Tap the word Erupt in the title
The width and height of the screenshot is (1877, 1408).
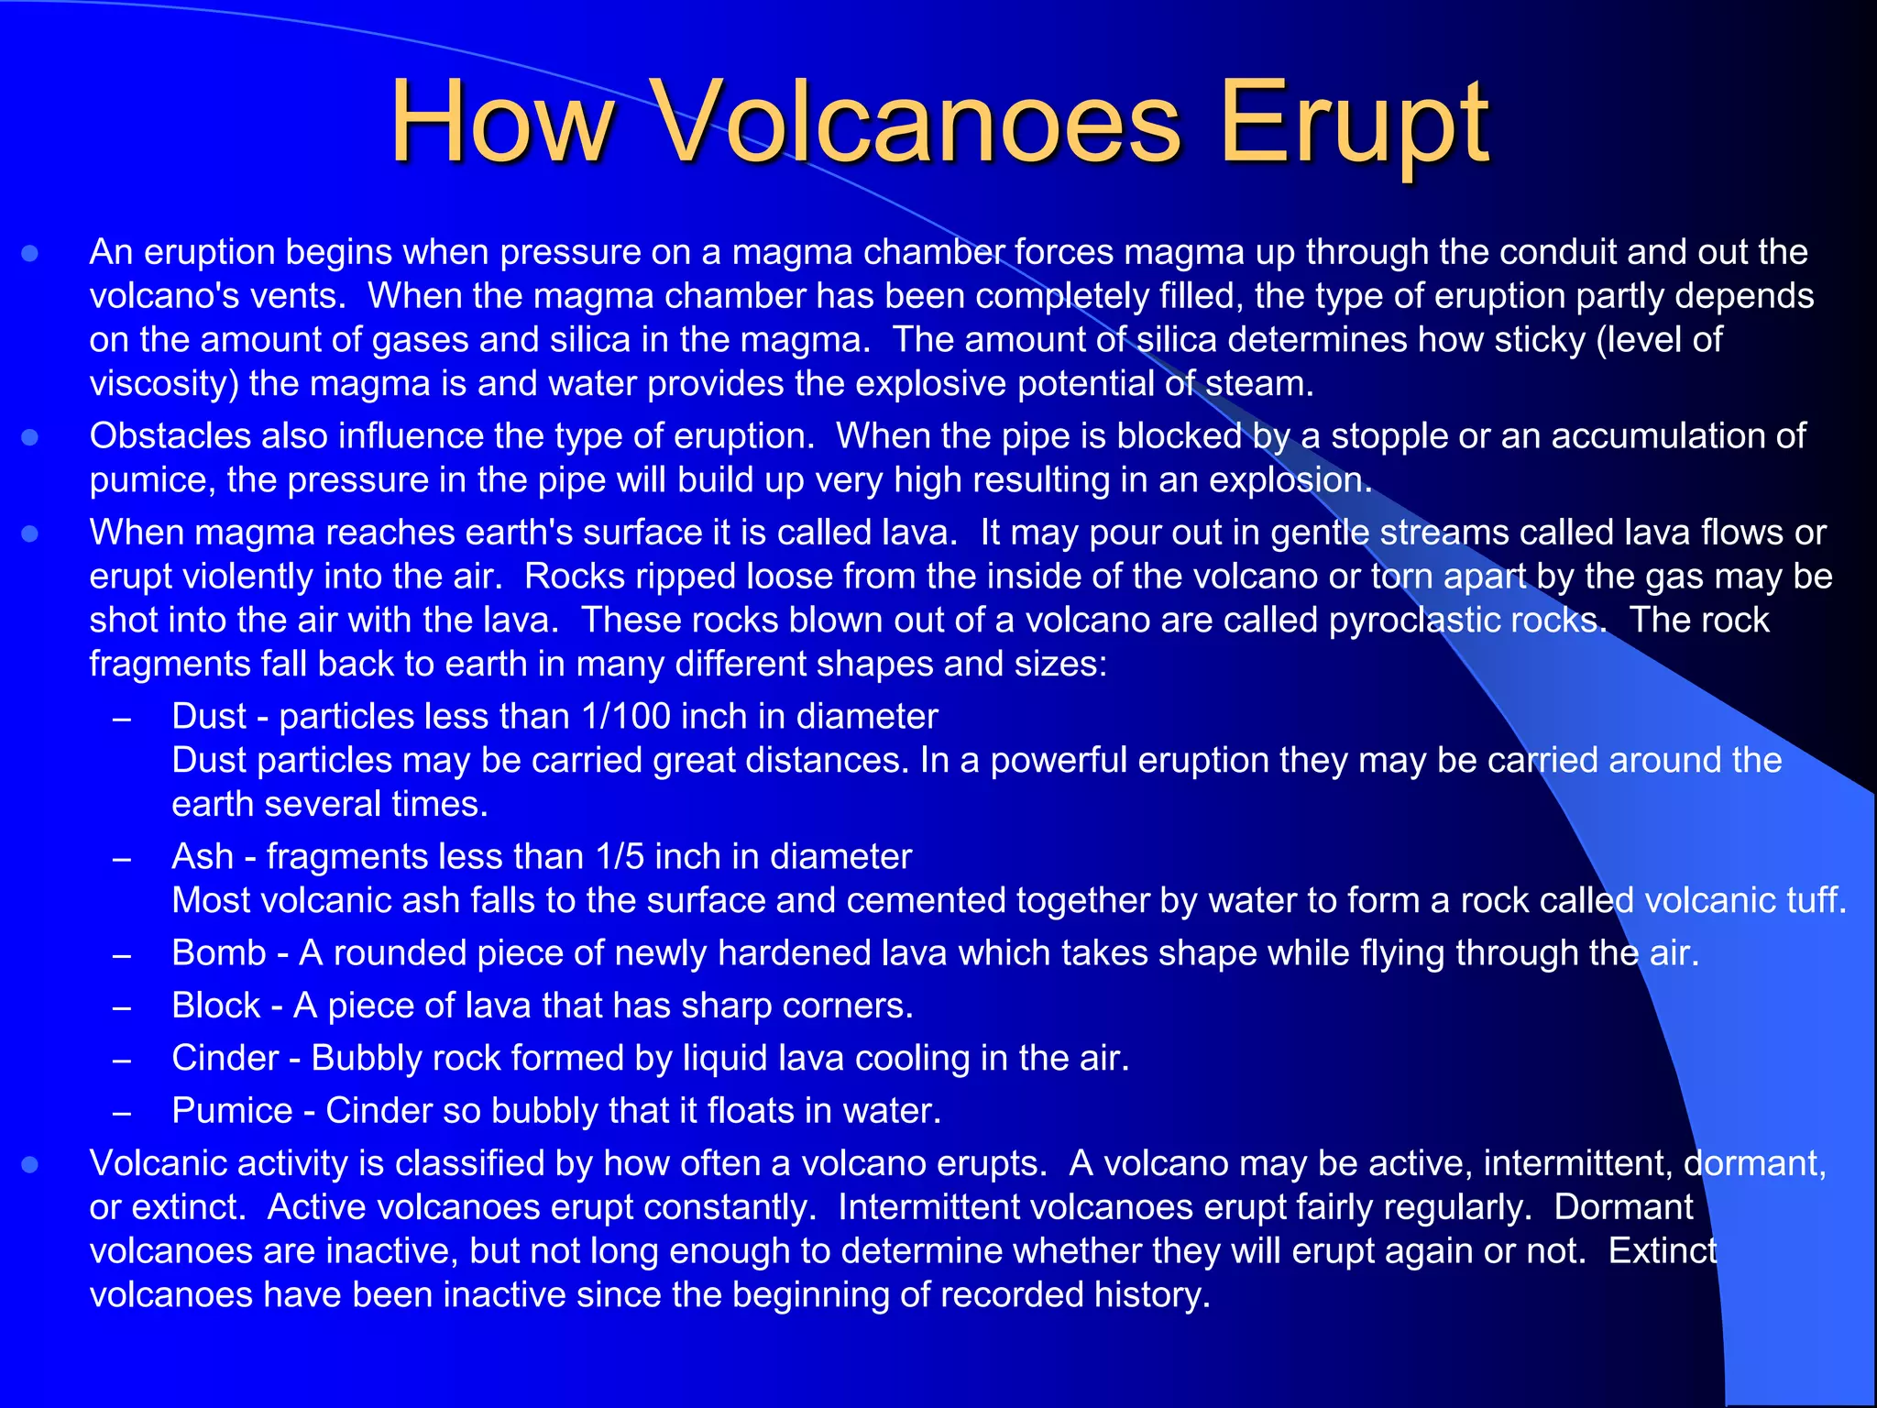pos(1354,124)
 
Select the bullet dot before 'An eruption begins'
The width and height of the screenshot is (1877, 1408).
pos(30,253)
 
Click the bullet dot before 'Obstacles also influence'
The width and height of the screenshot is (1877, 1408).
pos(30,437)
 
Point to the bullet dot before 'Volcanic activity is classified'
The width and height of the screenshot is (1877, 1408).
pos(30,1164)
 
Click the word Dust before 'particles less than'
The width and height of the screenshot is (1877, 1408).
pos(209,716)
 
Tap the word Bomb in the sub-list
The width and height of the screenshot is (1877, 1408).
pos(218,953)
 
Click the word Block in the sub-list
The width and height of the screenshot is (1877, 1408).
pos(216,1006)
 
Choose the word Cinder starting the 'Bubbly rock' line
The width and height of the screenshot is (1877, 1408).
pos(225,1058)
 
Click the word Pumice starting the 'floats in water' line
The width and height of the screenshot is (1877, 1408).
pos(232,1111)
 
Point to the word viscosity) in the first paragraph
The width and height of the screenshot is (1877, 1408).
pos(164,384)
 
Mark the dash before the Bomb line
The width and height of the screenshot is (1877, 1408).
pos(122,955)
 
